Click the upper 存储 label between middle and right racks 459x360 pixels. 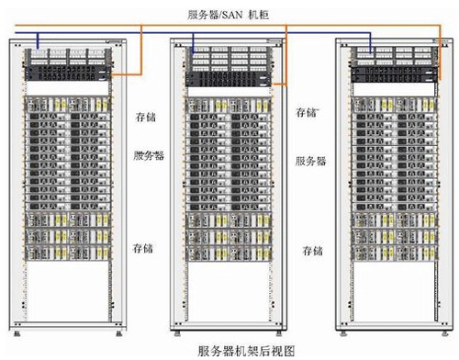point(307,112)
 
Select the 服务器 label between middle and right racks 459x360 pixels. point(310,161)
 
